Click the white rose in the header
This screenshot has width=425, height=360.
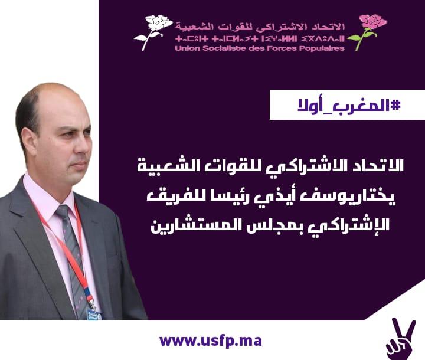click(153, 32)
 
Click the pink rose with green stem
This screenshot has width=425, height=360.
click(368, 32)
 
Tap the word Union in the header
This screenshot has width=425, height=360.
click(184, 48)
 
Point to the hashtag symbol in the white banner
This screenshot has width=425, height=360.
click(395, 106)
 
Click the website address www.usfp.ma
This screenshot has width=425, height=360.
click(211, 341)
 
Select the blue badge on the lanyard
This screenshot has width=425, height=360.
click(94, 315)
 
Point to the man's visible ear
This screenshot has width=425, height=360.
click(29, 142)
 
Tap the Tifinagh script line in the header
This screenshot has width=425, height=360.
click(260, 39)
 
